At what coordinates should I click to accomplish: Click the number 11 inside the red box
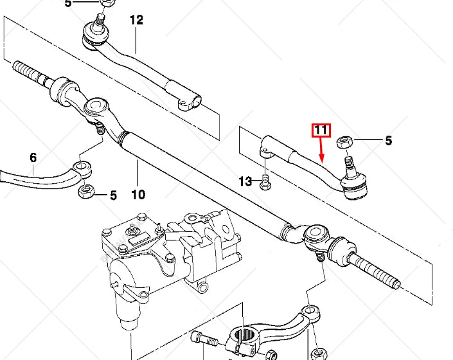321,130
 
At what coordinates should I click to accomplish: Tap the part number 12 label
136,20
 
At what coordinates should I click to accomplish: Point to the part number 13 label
245,182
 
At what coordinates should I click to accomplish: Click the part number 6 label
33,157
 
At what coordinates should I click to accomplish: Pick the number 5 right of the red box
388,141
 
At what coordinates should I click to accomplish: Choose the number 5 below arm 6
113,195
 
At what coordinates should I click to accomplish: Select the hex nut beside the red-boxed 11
344,141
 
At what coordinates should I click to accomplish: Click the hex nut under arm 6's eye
85,191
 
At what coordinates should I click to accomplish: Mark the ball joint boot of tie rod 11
354,187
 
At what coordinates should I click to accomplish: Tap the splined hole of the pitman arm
244,336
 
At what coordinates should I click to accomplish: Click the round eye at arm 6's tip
82,168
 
